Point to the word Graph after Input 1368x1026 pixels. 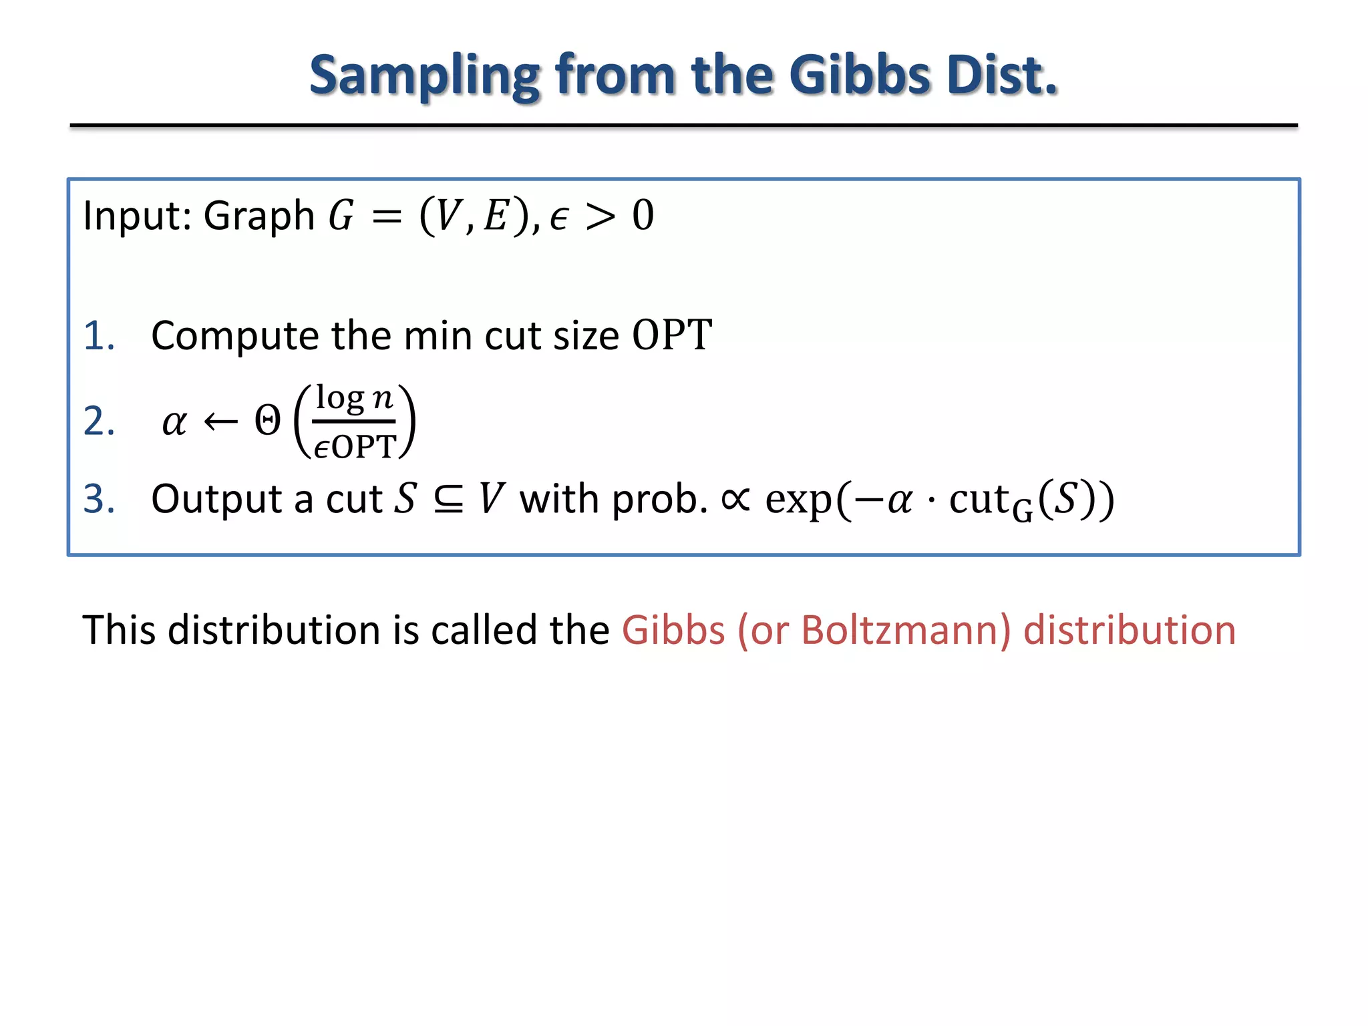pos(259,216)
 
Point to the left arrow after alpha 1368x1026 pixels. pos(220,421)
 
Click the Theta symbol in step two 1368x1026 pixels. pos(268,421)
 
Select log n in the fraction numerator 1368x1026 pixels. pos(354,398)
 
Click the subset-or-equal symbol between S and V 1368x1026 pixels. pos(448,499)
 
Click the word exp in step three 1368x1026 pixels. pos(799,500)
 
